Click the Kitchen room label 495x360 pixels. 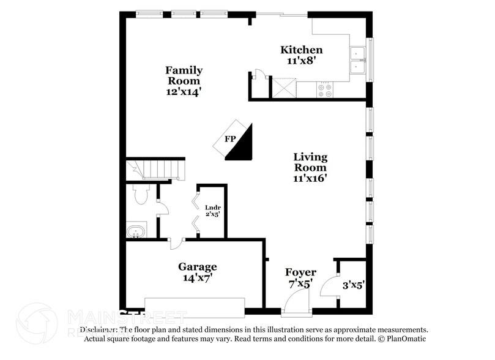click(x=301, y=50)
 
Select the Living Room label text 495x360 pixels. click(x=310, y=162)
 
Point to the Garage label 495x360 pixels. click(x=197, y=266)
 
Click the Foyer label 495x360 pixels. click(x=301, y=272)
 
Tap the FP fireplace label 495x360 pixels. click(x=230, y=139)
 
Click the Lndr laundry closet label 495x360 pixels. click(x=212, y=207)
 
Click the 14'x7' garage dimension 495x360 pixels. click(x=197, y=277)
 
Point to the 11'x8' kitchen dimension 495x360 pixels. click(x=301, y=61)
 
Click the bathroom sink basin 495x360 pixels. click(x=136, y=231)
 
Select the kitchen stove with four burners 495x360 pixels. click(x=326, y=91)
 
